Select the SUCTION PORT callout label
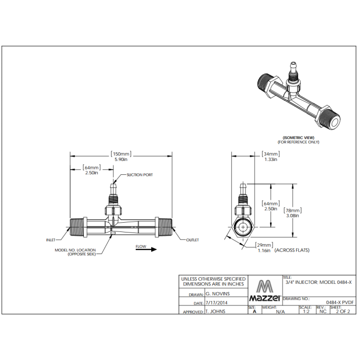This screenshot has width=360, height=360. (139, 175)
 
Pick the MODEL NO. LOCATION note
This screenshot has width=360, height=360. (75, 252)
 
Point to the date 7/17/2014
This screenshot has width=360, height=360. (217, 302)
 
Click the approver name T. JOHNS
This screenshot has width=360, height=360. (215, 311)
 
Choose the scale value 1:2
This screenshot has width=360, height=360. (306, 311)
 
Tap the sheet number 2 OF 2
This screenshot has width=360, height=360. (342, 311)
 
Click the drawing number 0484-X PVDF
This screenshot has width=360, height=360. (338, 302)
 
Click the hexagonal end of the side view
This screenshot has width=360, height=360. (242, 226)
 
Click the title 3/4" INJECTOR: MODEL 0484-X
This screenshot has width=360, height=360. (318, 282)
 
